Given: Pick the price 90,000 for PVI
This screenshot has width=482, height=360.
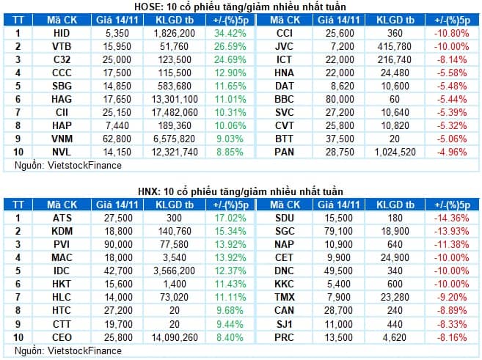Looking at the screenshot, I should click(x=112, y=245).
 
